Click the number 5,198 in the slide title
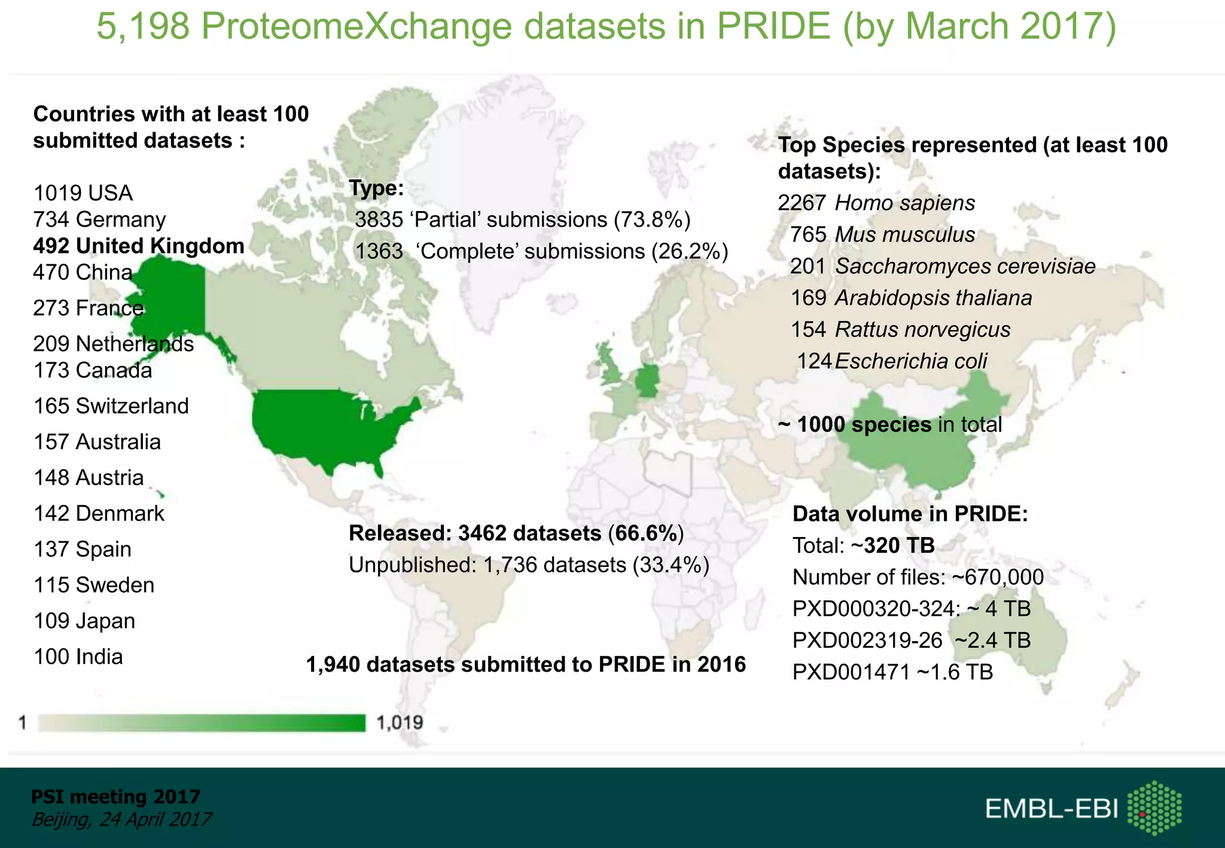click(143, 26)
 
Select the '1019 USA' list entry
click(83, 193)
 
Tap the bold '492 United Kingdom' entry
click(139, 246)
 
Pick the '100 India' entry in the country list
click(78, 657)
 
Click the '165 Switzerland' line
click(111, 406)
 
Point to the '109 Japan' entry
click(84, 621)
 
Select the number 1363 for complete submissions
click(379, 251)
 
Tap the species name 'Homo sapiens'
click(904, 203)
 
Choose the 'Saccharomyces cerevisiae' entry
click(965, 266)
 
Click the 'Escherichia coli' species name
click(910, 361)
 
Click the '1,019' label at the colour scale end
click(400, 723)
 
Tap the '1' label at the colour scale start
click(23, 723)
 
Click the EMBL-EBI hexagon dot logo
click(1154, 808)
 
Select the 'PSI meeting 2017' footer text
click(115, 797)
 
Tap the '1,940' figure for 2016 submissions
click(333, 664)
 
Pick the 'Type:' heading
click(376, 188)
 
